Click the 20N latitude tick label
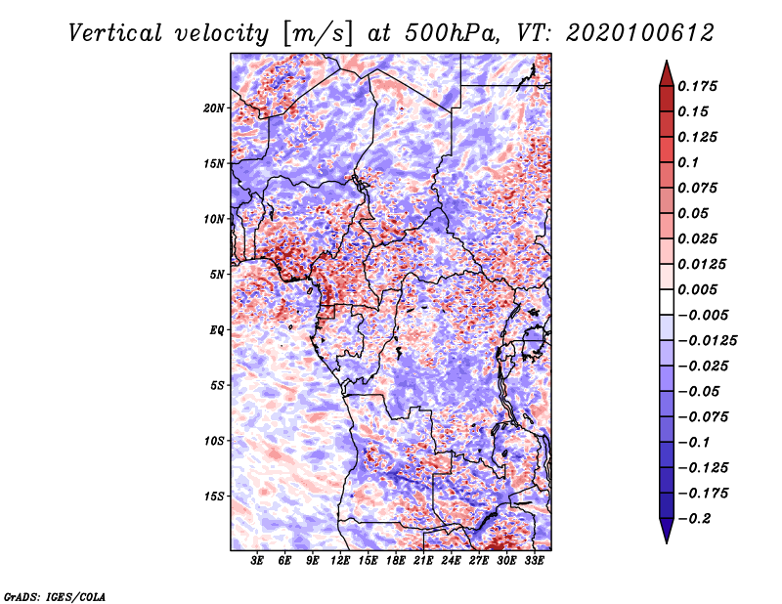click(x=214, y=108)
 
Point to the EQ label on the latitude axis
click(x=216, y=330)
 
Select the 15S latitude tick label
click(x=214, y=496)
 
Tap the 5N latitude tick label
click(x=217, y=275)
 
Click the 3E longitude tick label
click(x=258, y=562)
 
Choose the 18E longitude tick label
click(x=396, y=562)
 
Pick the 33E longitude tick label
click(x=534, y=562)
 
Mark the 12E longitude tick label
click(x=341, y=562)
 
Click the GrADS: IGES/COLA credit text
click(x=55, y=595)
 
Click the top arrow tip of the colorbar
click(x=665, y=64)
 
